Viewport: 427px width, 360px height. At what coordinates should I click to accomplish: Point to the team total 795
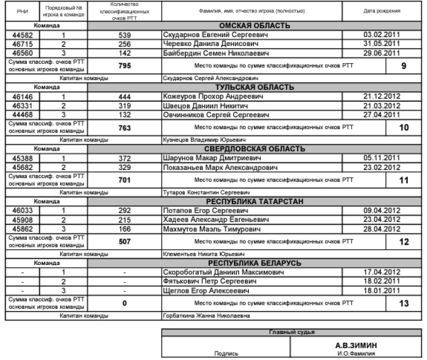click(x=124, y=65)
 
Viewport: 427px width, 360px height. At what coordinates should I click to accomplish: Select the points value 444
click(x=124, y=97)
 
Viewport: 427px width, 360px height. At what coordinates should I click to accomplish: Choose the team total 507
click(x=124, y=242)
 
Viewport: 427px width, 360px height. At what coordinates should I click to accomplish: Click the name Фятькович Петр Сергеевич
click(x=199, y=282)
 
